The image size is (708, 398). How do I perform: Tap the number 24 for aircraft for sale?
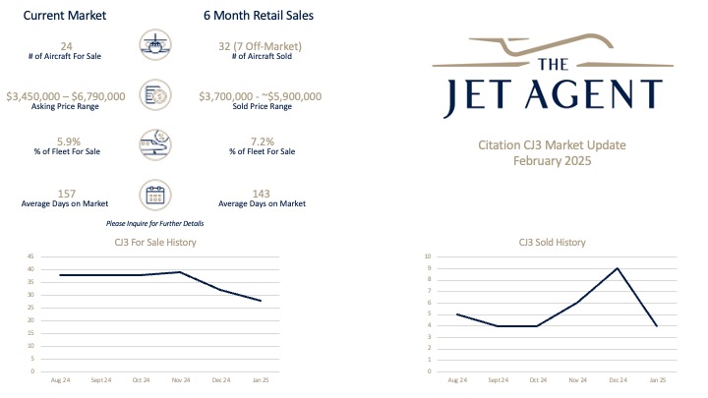[x=68, y=44]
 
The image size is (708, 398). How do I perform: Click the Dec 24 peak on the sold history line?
[x=617, y=268]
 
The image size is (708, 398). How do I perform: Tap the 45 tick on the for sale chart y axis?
[x=30, y=256]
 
